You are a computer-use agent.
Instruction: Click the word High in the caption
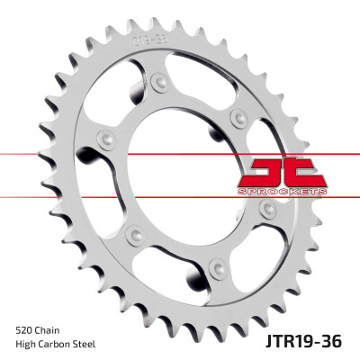[27, 345]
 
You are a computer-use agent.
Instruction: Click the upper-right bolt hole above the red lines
[238, 116]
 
